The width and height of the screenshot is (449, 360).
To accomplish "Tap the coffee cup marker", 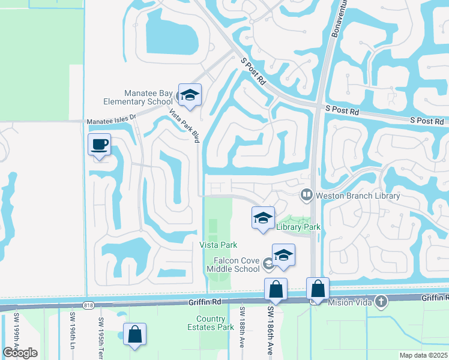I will tap(100, 144).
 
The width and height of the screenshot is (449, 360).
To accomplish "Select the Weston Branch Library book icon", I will tap(307, 195).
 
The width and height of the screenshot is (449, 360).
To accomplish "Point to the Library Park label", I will tap(298, 226).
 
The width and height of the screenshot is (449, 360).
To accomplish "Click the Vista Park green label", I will tap(218, 245).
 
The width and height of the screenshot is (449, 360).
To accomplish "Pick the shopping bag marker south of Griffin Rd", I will tap(134, 334).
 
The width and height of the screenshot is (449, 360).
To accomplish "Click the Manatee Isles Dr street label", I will tap(112, 120).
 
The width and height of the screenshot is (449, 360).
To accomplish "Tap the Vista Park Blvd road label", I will tap(184, 124).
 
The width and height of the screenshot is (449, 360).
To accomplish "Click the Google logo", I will tap(20, 353).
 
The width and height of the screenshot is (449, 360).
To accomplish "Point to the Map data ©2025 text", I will tap(423, 355).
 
